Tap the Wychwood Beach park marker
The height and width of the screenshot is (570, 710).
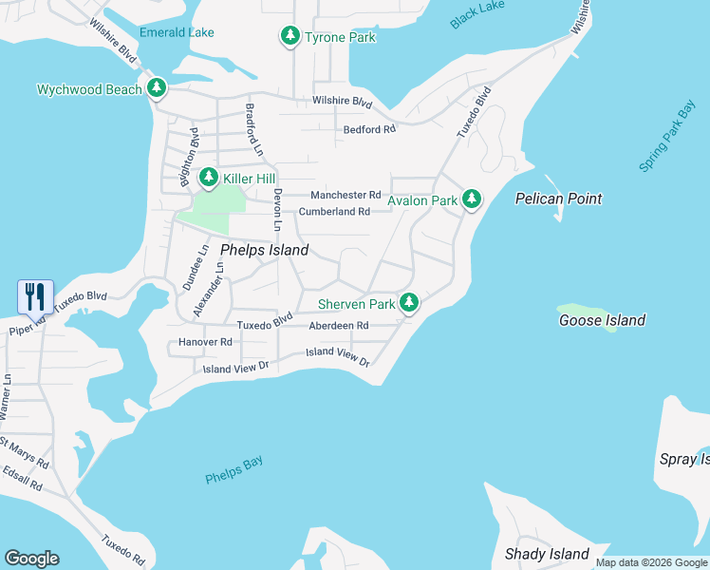(x=157, y=89)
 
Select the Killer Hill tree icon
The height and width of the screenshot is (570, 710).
(x=208, y=178)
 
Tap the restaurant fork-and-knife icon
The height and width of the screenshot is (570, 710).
(x=35, y=296)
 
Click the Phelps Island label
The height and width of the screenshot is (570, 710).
(x=264, y=250)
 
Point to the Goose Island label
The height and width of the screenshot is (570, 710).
(x=602, y=320)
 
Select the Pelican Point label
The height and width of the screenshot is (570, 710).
(x=558, y=199)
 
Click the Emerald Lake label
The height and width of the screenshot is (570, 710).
(x=177, y=32)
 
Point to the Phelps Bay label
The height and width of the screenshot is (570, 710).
(x=234, y=470)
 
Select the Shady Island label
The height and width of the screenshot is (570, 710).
(x=547, y=554)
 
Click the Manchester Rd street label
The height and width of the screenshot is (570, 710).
(x=346, y=195)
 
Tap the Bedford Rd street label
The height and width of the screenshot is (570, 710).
(x=369, y=129)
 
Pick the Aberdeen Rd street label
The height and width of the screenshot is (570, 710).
(x=338, y=325)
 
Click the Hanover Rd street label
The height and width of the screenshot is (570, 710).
(x=205, y=342)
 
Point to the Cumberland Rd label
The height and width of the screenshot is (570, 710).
(x=334, y=212)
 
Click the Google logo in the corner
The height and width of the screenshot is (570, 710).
(x=31, y=559)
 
